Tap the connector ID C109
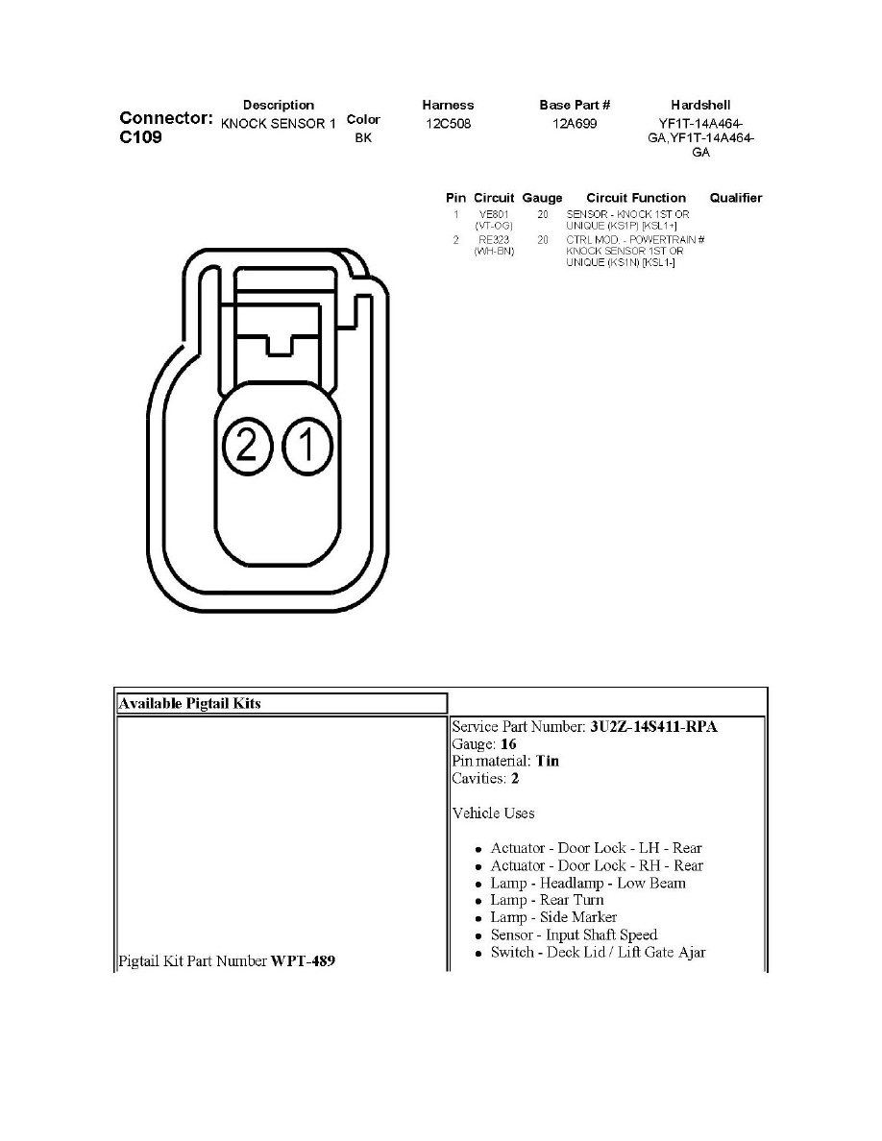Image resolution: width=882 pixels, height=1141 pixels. point(141,137)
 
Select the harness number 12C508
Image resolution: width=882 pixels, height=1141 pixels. point(448,124)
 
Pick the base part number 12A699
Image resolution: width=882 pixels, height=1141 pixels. point(576,124)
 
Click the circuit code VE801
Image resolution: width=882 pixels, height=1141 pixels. point(494,214)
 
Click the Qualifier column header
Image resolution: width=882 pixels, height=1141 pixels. point(735,198)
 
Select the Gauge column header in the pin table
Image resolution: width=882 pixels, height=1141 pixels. point(542,198)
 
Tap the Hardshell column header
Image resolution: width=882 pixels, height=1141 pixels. point(700,105)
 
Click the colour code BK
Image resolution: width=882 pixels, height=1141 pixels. point(362,138)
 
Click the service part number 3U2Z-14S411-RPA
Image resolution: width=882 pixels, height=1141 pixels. point(652,727)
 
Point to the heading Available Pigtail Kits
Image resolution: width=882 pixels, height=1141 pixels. point(189,703)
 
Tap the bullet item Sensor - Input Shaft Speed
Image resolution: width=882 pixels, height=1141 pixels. point(574,935)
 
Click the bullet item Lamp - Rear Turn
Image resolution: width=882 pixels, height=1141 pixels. point(547,900)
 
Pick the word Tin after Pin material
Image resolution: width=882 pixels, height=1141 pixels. point(548,761)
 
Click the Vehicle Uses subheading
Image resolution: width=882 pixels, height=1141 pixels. point(493,813)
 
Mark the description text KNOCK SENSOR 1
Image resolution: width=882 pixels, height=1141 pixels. point(278,124)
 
